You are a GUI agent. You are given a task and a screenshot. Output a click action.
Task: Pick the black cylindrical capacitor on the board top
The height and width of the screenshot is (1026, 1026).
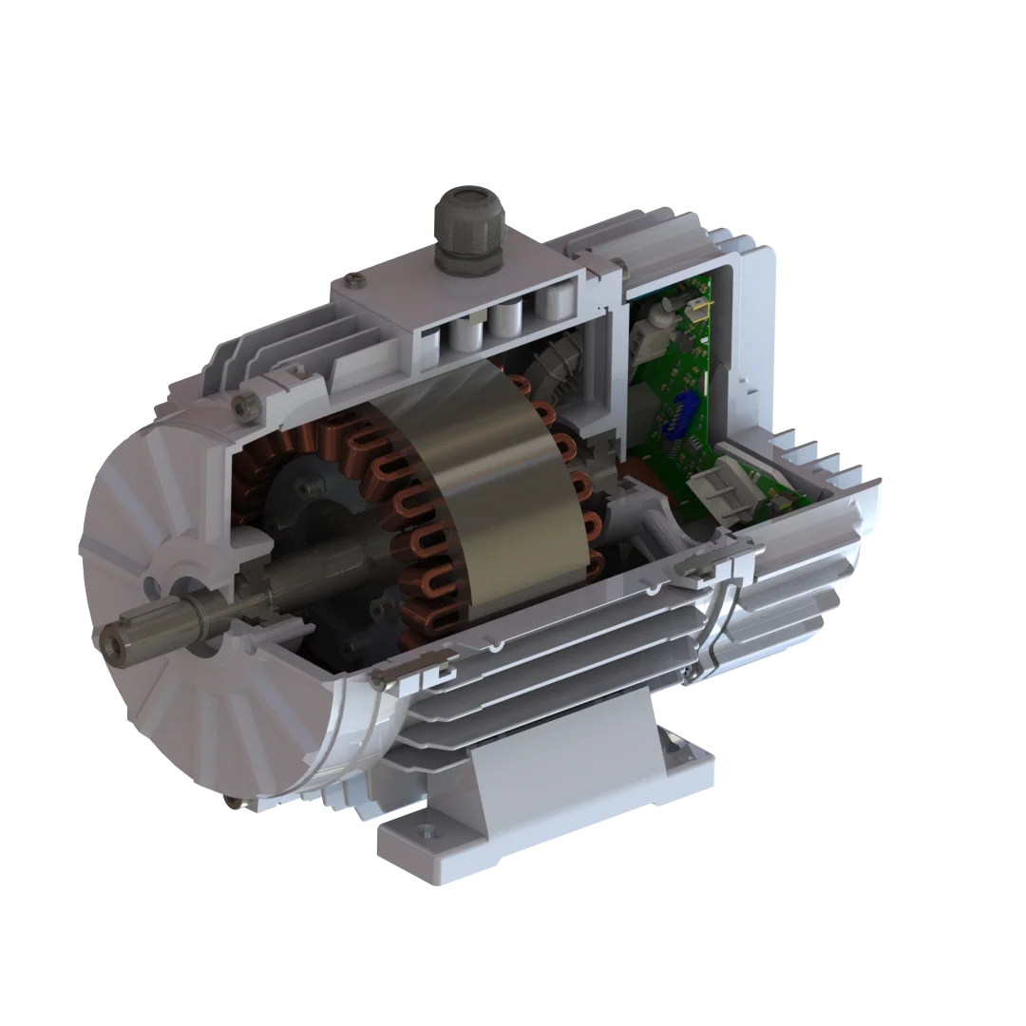coord(664,309)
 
